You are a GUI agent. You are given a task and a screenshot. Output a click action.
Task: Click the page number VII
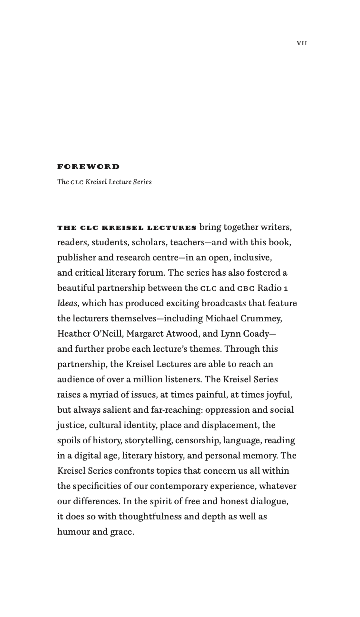(x=302, y=43)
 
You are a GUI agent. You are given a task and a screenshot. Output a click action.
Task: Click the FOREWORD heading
(x=89, y=167)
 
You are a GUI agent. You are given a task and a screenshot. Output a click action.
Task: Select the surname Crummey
(x=261, y=318)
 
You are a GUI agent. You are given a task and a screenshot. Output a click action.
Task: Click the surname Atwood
(x=187, y=334)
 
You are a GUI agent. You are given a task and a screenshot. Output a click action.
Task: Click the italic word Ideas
(x=67, y=303)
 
